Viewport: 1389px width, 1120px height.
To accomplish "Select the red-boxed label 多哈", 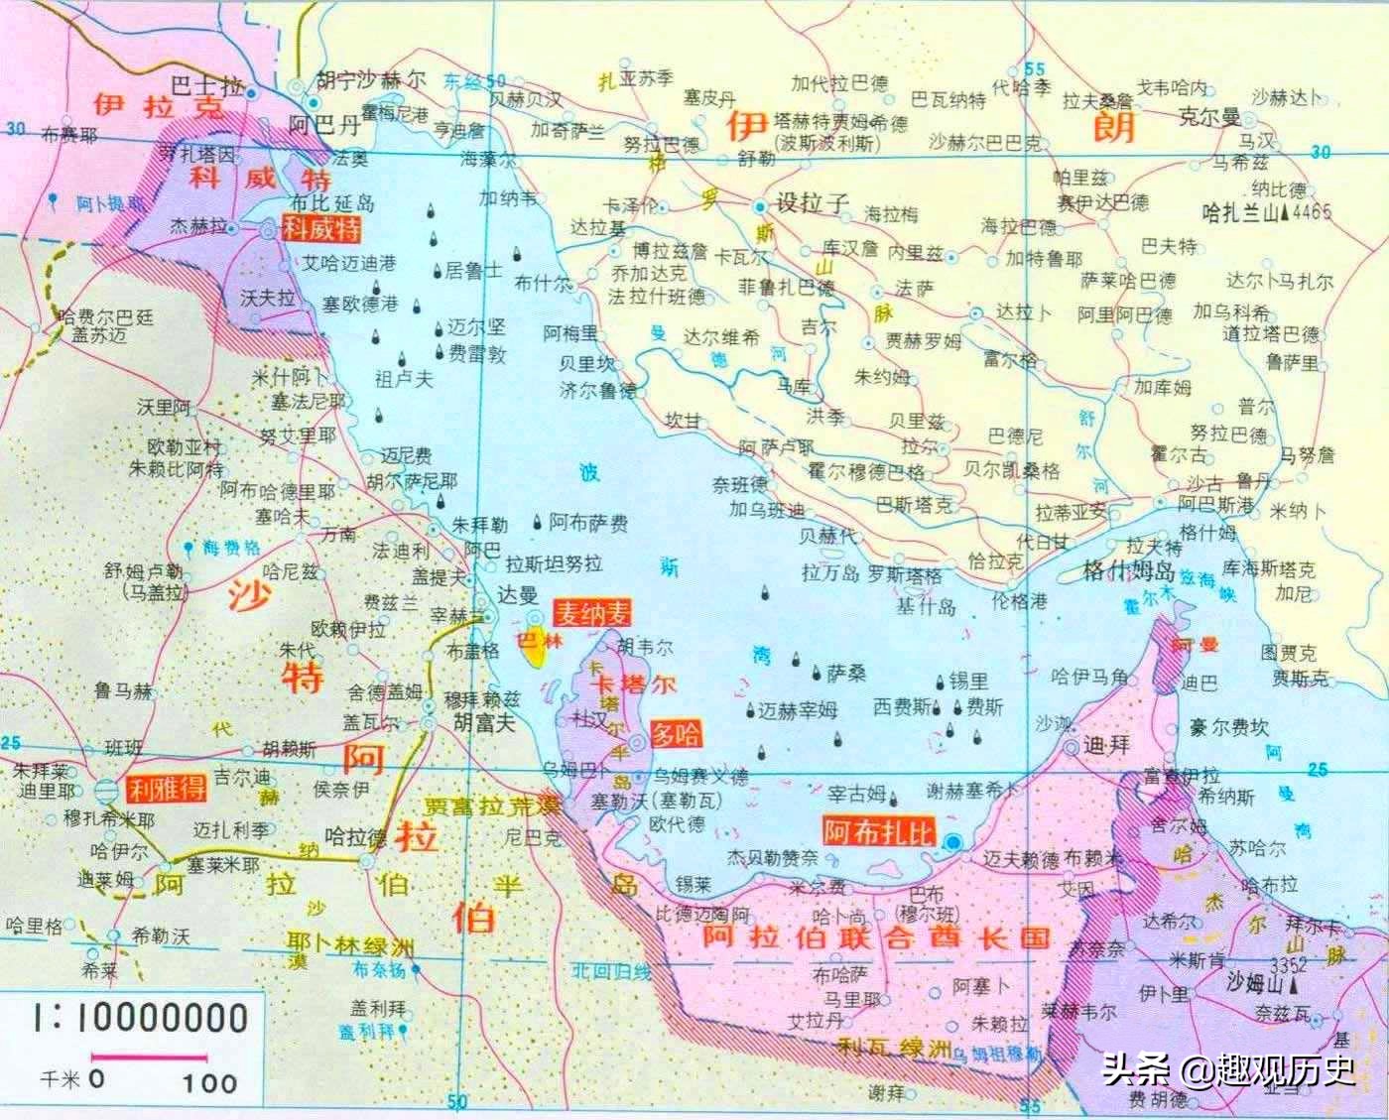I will click(x=676, y=734).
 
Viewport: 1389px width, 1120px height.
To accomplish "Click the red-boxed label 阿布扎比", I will click(x=878, y=831).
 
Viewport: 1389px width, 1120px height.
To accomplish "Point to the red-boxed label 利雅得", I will click(x=167, y=789).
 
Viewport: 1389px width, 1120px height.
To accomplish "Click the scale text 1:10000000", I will click(x=139, y=1018).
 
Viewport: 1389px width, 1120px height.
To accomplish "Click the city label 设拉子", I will click(x=812, y=203).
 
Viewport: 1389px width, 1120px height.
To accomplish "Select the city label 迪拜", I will click(x=1105, y=745).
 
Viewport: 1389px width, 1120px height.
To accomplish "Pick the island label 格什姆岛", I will click(x=1128, y=572).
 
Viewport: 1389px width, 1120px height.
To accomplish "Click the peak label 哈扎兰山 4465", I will click(x=1265, y=212).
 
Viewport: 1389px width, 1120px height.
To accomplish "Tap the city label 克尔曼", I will click(x=1208, y=117).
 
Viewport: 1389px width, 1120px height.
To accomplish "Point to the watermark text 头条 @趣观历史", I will click(x=1227, y=1070).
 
